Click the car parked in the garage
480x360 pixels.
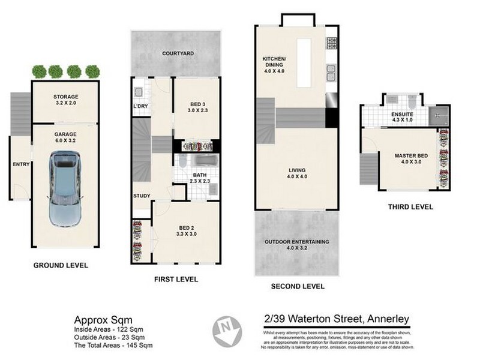pos(64,188)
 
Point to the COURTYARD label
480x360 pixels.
pos(178,53)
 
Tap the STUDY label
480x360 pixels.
pos(142,196)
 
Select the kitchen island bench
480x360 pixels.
pos(305,59)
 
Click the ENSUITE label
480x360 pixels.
pos(402,113)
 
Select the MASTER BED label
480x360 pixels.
pos(410,156)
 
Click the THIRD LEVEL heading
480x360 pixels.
pos(410,207)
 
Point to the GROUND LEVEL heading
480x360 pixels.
pos(61,265)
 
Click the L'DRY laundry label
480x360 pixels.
pos(140,107)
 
